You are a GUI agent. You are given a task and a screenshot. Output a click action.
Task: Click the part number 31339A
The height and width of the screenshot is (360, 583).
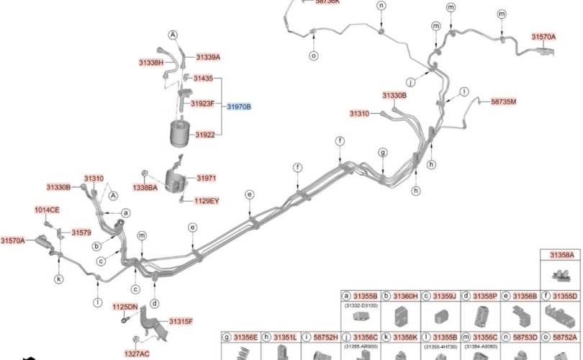208,57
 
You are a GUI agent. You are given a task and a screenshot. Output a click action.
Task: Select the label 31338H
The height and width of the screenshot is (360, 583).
151,63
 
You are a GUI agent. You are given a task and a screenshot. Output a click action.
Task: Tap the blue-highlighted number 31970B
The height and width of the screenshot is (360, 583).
239,107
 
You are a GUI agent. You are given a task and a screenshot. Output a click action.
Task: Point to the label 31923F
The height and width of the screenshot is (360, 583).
202,104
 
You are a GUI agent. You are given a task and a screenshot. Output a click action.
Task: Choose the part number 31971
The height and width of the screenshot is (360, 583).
207,178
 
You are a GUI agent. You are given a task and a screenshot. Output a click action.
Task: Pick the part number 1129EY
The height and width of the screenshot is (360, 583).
207,201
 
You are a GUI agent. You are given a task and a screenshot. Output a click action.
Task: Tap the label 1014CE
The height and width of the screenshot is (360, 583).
48,210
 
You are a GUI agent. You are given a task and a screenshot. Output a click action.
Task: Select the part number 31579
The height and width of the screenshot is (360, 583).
81,233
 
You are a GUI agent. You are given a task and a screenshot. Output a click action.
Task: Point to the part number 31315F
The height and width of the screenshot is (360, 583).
181,320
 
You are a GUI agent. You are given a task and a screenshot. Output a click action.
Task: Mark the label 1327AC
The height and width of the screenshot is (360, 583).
135,354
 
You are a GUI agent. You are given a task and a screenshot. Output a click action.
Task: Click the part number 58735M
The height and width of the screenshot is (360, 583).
504,102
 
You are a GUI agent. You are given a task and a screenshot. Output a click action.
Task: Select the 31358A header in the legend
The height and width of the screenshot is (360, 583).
561,256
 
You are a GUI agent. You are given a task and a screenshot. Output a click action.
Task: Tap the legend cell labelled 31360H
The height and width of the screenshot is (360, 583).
405,296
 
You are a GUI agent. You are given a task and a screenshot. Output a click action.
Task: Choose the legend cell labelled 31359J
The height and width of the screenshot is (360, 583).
444,296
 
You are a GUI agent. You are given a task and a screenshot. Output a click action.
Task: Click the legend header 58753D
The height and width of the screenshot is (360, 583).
524,336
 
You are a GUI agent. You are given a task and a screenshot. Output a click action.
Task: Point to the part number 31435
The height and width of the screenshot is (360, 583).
203,78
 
